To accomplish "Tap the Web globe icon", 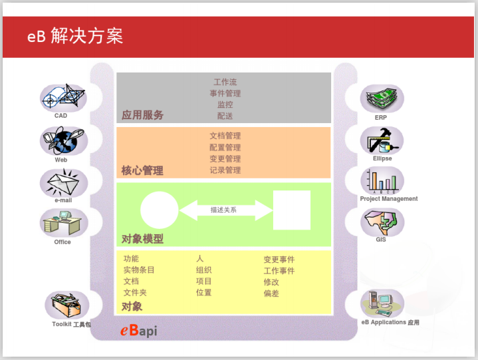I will [x=62, y=141].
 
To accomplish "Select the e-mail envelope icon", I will [x=62, y=182].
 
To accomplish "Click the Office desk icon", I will [x=62, y=223].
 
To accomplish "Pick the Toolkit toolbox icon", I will [x=66, y=305].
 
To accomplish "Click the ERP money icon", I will [x=382, y=98].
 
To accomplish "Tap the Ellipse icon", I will [x=382, y=140].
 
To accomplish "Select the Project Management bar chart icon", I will [x=382, y=180].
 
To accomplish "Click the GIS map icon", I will [x=382, y=221].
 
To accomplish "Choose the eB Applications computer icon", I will [x=382, y=303].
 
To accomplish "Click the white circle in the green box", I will [x=160, y=210].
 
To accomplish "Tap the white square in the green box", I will [x=292, y=210].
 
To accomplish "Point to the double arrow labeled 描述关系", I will [x=225, y=210].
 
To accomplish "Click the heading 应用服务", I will [x=142, y=114].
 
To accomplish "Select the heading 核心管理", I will [x=142, y=170].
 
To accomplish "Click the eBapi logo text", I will [x=139, y=331].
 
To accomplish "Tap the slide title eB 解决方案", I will [x=74, y=36].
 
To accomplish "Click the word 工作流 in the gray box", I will [x=225, y=83].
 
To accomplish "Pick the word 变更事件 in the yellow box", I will [x=279, y=260].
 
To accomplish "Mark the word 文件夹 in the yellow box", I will [x=135, y=293].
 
